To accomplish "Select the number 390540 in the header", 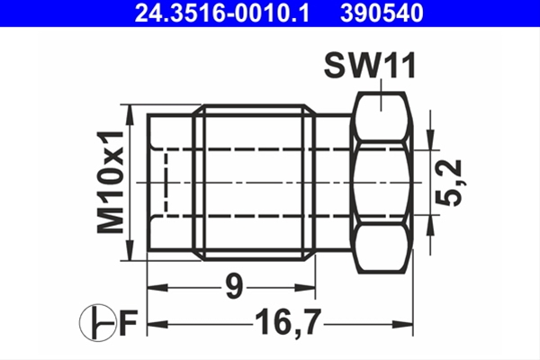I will [380, 13].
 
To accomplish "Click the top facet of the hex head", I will [382, 117].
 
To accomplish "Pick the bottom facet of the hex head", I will [382, 247].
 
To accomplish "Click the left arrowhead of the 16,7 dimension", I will [154, 321].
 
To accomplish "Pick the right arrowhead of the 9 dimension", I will [310, 289].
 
